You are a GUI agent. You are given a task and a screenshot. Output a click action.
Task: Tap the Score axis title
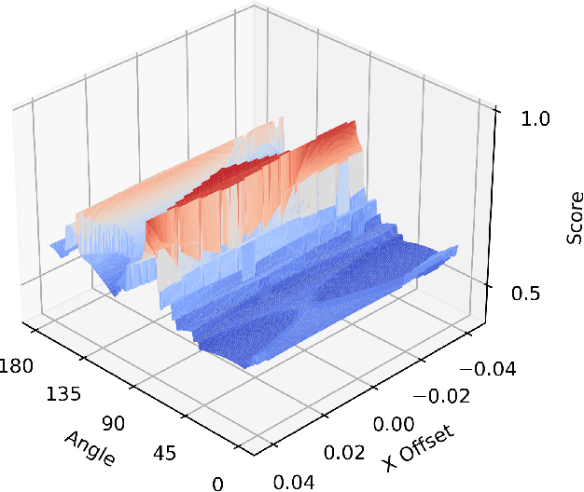tap(576, 217)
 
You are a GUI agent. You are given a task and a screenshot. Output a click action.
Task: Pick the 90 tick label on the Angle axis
tap(114, 424)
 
